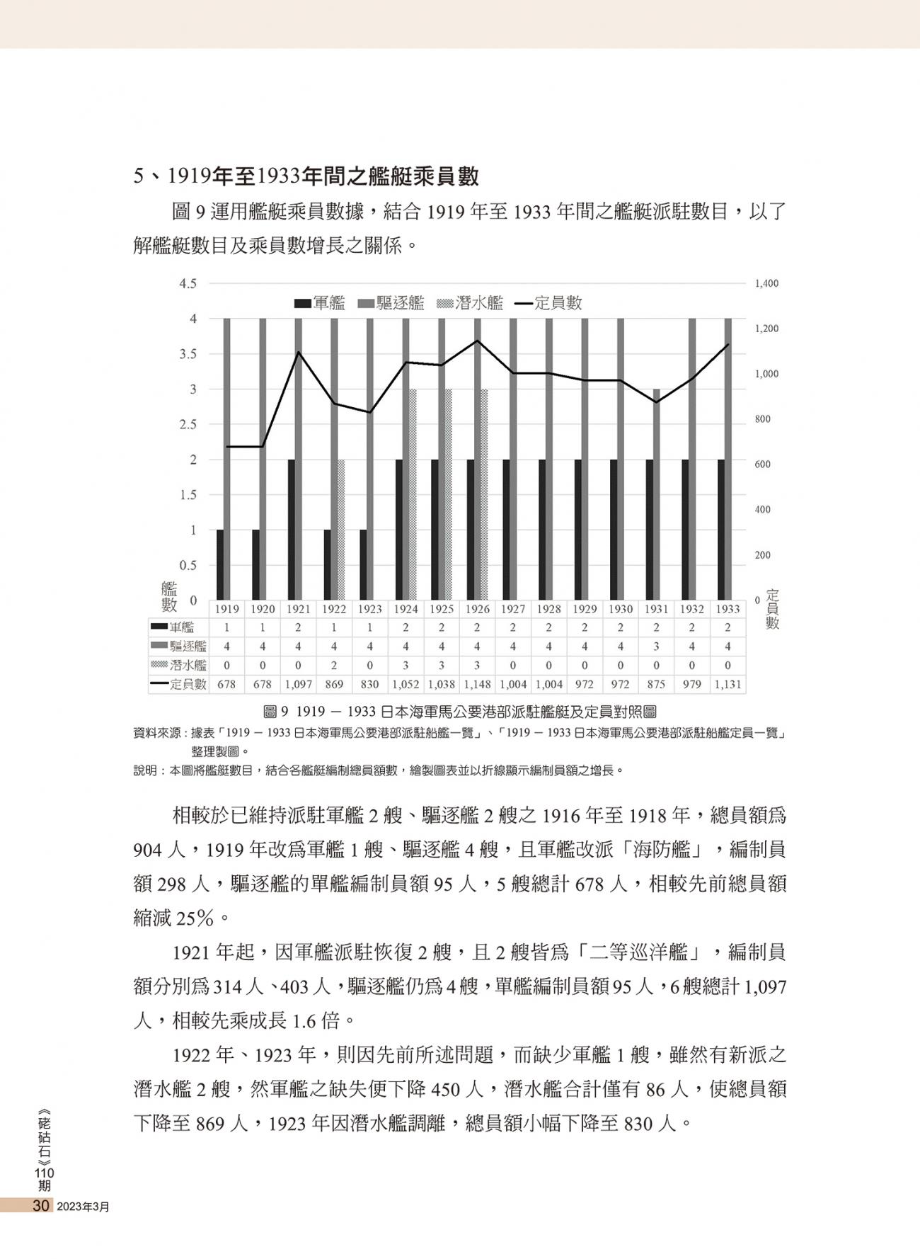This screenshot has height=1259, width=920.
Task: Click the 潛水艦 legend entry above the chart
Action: click(x=471, y=304)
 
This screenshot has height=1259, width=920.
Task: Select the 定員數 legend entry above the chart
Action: click(x=549, y=304)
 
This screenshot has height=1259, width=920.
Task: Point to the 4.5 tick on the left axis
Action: click(x=188, y=284)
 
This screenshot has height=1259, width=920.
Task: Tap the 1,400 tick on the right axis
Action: click(x=766, y=284)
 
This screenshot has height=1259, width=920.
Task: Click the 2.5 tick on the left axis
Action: click(x=188, y=425)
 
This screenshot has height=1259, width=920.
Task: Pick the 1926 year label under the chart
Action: click(x=477, y=609)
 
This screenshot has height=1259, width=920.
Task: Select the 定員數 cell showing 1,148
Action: click(x=477, y=685)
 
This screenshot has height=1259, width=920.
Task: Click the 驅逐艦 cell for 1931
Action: click(x=656, y=646)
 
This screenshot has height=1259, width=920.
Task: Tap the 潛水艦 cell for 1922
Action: click(x=334, y=666)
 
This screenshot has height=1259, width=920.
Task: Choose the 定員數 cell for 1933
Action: click(x=728, y=685)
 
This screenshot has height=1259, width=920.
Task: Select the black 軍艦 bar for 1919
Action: click(x=220, y=564)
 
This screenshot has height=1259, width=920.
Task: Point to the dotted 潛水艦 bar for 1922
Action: click(x=341, y=530)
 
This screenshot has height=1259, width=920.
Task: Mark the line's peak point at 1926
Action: click(x=477, y=341)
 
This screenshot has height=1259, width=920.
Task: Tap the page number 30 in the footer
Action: click(x=40, y=1206)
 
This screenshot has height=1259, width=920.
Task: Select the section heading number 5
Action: click(x=139, y=176)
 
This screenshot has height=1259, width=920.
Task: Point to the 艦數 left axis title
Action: click(x=169, y=596)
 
